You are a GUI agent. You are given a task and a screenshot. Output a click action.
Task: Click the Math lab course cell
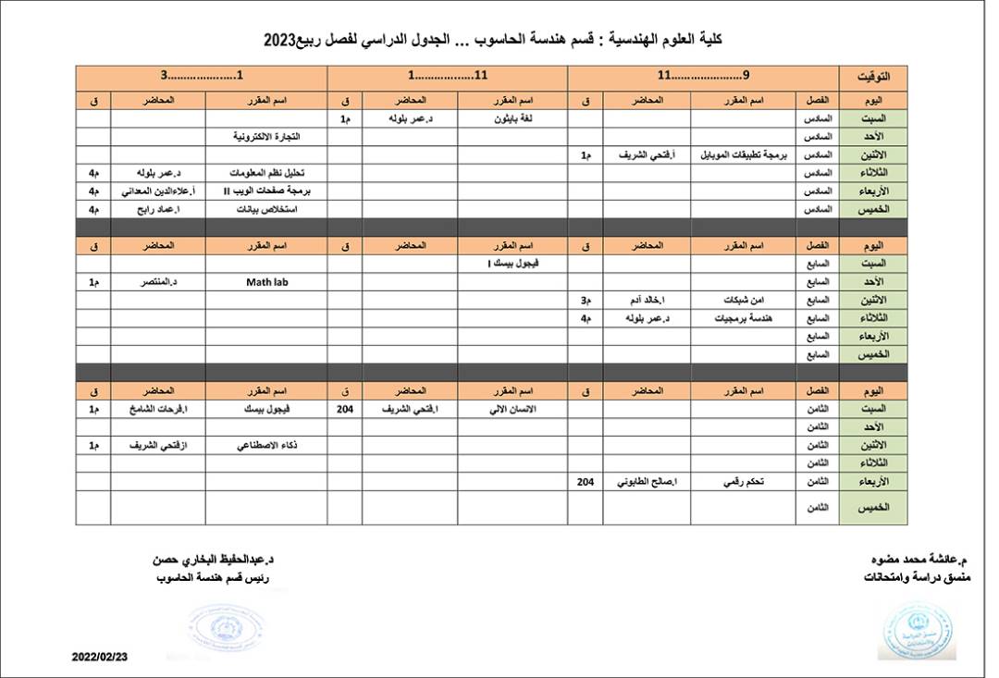point(266,281)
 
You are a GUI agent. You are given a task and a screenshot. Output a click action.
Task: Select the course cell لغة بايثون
point(517,118)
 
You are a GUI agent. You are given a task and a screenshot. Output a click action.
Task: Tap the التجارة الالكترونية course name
point(266,137)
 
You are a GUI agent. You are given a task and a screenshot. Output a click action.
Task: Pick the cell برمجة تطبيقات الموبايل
point(743,155)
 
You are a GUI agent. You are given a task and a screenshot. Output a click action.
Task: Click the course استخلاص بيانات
point(266,209)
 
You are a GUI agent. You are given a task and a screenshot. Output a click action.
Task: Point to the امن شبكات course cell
point(743,300)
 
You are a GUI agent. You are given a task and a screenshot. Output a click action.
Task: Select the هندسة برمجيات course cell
point(743,318)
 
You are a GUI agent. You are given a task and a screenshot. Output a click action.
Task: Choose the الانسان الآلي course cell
point(517,408)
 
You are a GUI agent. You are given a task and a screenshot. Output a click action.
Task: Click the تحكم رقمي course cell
point(743,481)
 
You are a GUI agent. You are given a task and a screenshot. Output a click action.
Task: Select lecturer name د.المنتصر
point(158,281)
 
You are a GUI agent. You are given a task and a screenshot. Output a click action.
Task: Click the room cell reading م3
point(585,300)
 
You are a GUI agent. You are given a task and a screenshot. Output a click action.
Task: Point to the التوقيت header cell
point(873,77)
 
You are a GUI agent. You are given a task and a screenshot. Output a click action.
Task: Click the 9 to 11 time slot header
point(703,77)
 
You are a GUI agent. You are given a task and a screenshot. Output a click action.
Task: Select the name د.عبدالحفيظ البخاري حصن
point(217,561)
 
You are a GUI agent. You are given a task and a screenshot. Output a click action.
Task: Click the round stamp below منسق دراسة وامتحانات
point(917,631)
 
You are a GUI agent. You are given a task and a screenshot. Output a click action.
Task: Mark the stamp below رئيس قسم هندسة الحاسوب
point(225,627)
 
